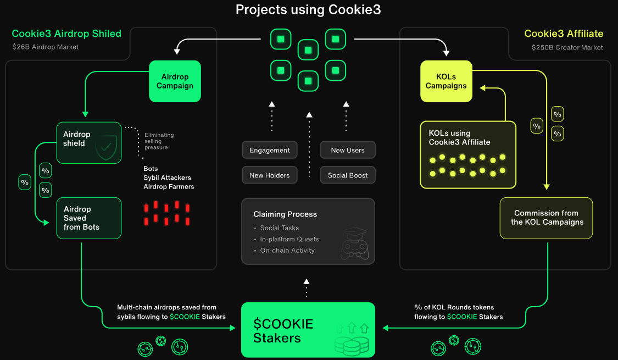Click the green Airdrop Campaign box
tap(175, 81)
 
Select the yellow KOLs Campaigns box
tap(446, 81)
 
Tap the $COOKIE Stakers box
tap(308, 330)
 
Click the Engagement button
tap(269, 151)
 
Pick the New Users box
tap(348, 151)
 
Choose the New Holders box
tap(269, 175)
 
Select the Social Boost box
tap(348, 175)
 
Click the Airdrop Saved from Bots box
tap(88, 218)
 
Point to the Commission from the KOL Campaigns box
tap(546, 218)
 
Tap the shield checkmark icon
tap(105, 147)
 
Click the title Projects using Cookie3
tap(308, 9)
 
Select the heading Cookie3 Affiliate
tap(564, 34)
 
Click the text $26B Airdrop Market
tap(46, 47)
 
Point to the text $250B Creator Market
tap(567, 47)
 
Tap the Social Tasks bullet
tap(280, 228)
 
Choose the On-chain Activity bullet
tap(287, 251)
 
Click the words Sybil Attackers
tap(168, 178)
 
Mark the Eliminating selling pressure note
tap(159, 141)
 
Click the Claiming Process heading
tap(285, 214)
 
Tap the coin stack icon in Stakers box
tap(352, 345)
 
